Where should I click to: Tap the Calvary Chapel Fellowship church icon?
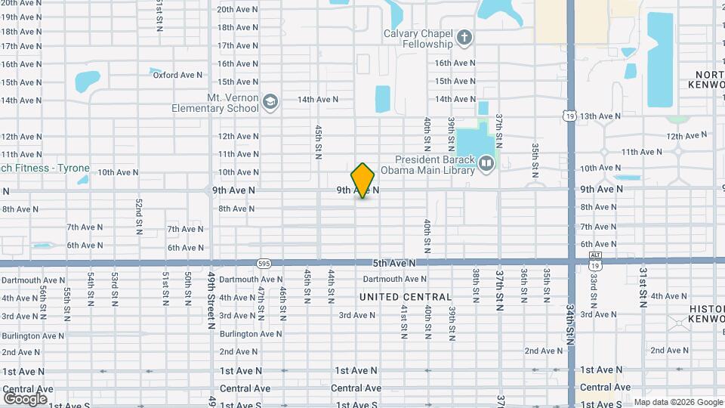(464, 36)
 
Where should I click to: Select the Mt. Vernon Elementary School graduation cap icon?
(270, 100)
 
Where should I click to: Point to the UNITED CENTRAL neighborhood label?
(406, 297)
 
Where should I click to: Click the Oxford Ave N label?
(177, 75)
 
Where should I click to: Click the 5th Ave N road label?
(394, 263)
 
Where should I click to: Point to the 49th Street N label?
(211, 301)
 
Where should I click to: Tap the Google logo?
(25, 398)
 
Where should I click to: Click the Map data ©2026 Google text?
(677, 402)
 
